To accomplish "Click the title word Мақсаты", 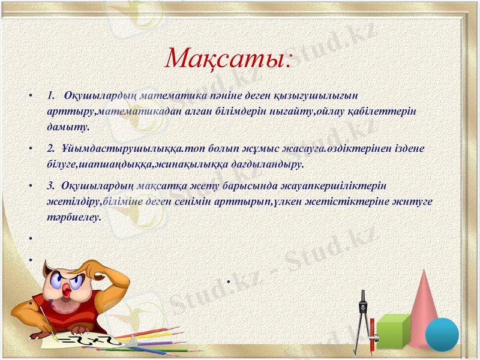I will coord(228,58).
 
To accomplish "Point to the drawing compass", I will coord(361,321).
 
